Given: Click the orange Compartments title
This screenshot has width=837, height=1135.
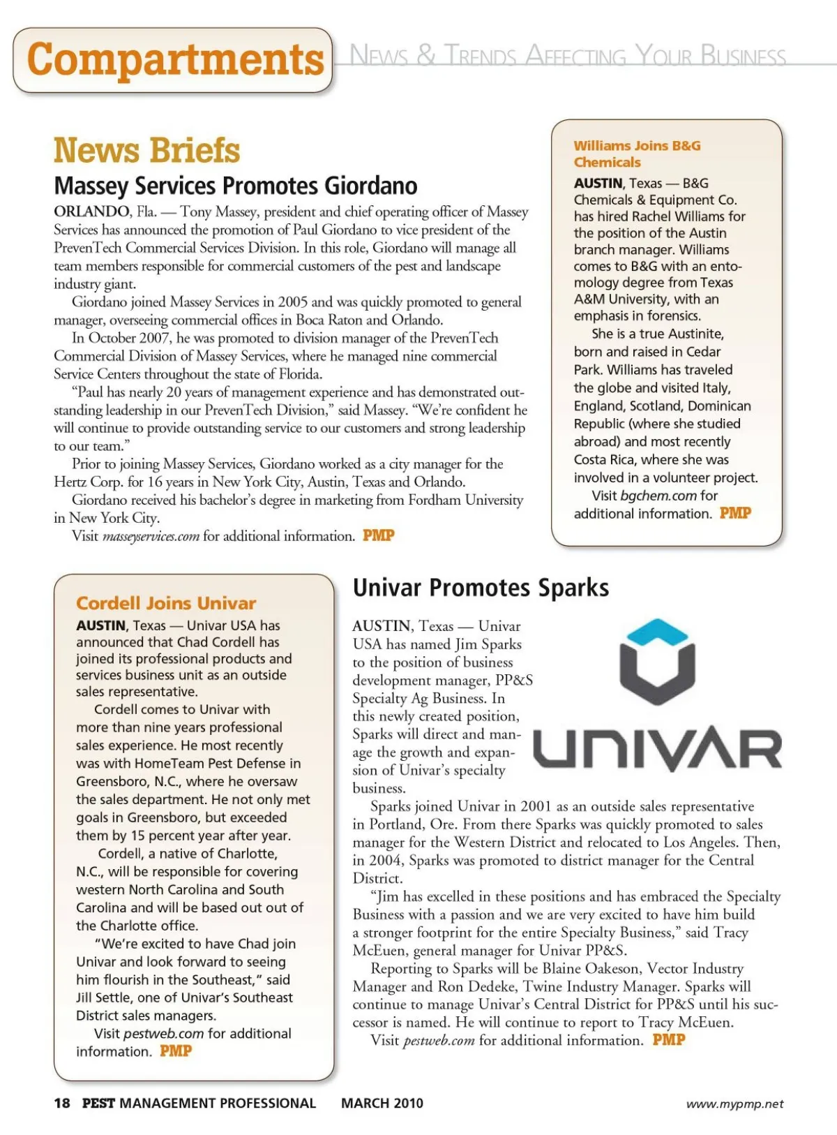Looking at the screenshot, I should click(175, 59).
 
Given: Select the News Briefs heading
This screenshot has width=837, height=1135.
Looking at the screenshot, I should click(146, 150).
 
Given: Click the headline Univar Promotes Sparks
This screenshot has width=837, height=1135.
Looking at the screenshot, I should click(481, 588).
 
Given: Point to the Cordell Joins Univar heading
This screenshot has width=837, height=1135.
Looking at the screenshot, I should click(166, 603).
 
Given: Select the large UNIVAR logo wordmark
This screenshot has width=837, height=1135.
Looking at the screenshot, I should click(657, 748).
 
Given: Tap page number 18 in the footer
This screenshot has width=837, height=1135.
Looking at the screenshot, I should click(62, 1103).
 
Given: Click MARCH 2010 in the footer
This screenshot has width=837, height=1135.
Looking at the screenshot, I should click(382, 1103).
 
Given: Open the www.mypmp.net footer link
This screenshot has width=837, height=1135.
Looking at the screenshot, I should click(734, 1104).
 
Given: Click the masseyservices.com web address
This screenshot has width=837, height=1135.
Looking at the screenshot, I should click(151, 536).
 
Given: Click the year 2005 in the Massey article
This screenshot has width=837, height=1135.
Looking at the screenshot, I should click(293, 302).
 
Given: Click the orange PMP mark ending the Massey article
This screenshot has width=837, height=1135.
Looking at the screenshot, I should click(379, 535).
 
